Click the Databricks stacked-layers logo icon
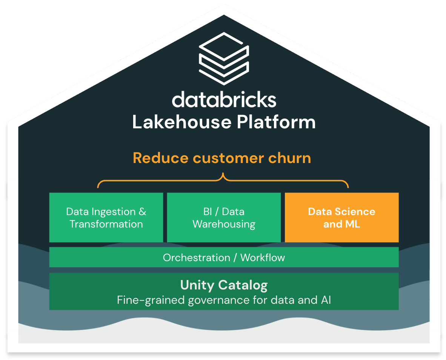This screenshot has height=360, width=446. pyautogui.click(x=224, y=58)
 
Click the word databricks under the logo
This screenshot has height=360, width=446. pyautogui.click(x=224, y=100)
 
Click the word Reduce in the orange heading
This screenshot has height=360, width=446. pyautogui.click(x=160, y=158)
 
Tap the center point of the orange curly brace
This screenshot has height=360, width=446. pyautogui.click(x=223, y=177)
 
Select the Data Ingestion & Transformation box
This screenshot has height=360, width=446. pyautogui.click(x=106, y=217)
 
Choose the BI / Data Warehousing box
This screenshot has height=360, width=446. pyautogui.click(x=224, y=217)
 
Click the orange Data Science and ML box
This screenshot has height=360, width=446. pyautogui.click(x=341, y=217)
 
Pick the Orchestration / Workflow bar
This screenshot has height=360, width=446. pyautogui.click(x=224, y=257)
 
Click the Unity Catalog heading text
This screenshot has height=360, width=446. pyautogui.click(x=224, y=285)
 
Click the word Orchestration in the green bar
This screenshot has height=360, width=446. pyautogui.click(x=196, y=257)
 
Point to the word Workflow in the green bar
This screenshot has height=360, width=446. pyautogui.click(x=263, y=257)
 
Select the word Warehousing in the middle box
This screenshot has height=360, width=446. pyautogui.click(x=224, y=224)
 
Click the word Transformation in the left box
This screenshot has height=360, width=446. pyautogui.click(x=106, y=224)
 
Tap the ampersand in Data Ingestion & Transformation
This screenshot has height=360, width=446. pyautogui.click(x=142, y=212)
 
